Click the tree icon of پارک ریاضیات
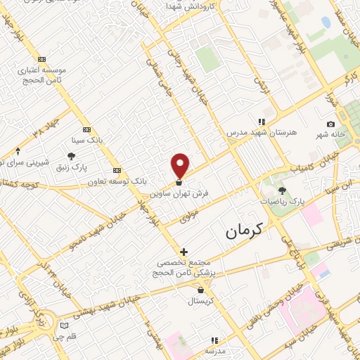(282, 190)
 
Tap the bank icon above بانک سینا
(86, 129)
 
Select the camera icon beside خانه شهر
(331, 124)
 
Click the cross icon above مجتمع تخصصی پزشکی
(184, 251)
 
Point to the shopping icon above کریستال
(201, 290)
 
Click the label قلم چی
(54, 336)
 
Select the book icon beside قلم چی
(65, 326)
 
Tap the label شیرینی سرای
(25, 162)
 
